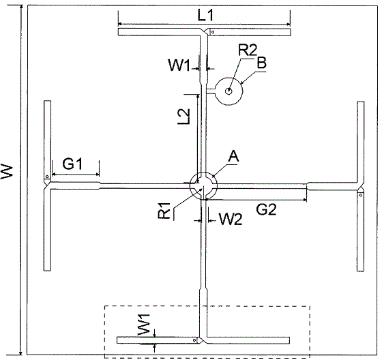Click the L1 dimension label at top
pyautogui.click(x=205, y=16)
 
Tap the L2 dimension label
pyautogui.click(x=184, y=116)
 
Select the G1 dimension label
pyautogui.click(x=72, y=164)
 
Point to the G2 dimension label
pyautogui.click(x=266, y=209)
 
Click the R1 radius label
pyautogui.click(x=164, y=210)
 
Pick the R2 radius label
pyautogui.click(x=247, y=50)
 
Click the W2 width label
pyautogui.click(x=231, y=219)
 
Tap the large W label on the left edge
pyautogui.click(x=7, y=172)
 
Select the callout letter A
pyautogui.click(x=233, y=156)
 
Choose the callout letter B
pyautogui.click(x=262, y=63)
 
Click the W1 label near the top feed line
pyautogui.click(x=179, y=65)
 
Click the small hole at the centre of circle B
pyautogui.click(x=229, y=91)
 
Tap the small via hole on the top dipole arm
pyautogui.click(x=213, y=32)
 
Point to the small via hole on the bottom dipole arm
pyautogui.click(x=194, y=340)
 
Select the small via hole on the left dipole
pyautogui.click(x=47, y=177)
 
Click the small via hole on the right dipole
pyautogui.click(x=361, y=195)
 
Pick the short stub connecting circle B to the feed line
pyautogui.click(x=211, y=91)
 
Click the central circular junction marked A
pyautogui.click(x=203, y=186)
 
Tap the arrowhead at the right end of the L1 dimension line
pyautogui.click(x=289, y=24)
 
